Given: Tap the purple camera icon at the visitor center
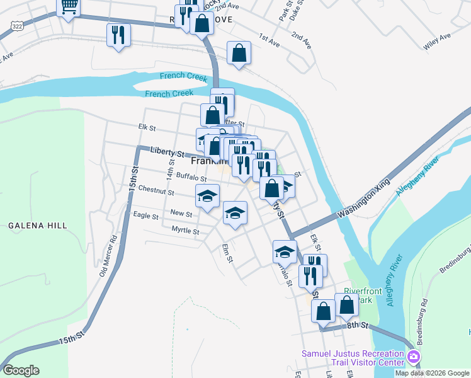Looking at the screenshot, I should (414, 358).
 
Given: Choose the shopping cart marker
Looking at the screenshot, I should (69, 6).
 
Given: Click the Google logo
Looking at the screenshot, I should (20, 370).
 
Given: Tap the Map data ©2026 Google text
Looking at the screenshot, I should (433, 373).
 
